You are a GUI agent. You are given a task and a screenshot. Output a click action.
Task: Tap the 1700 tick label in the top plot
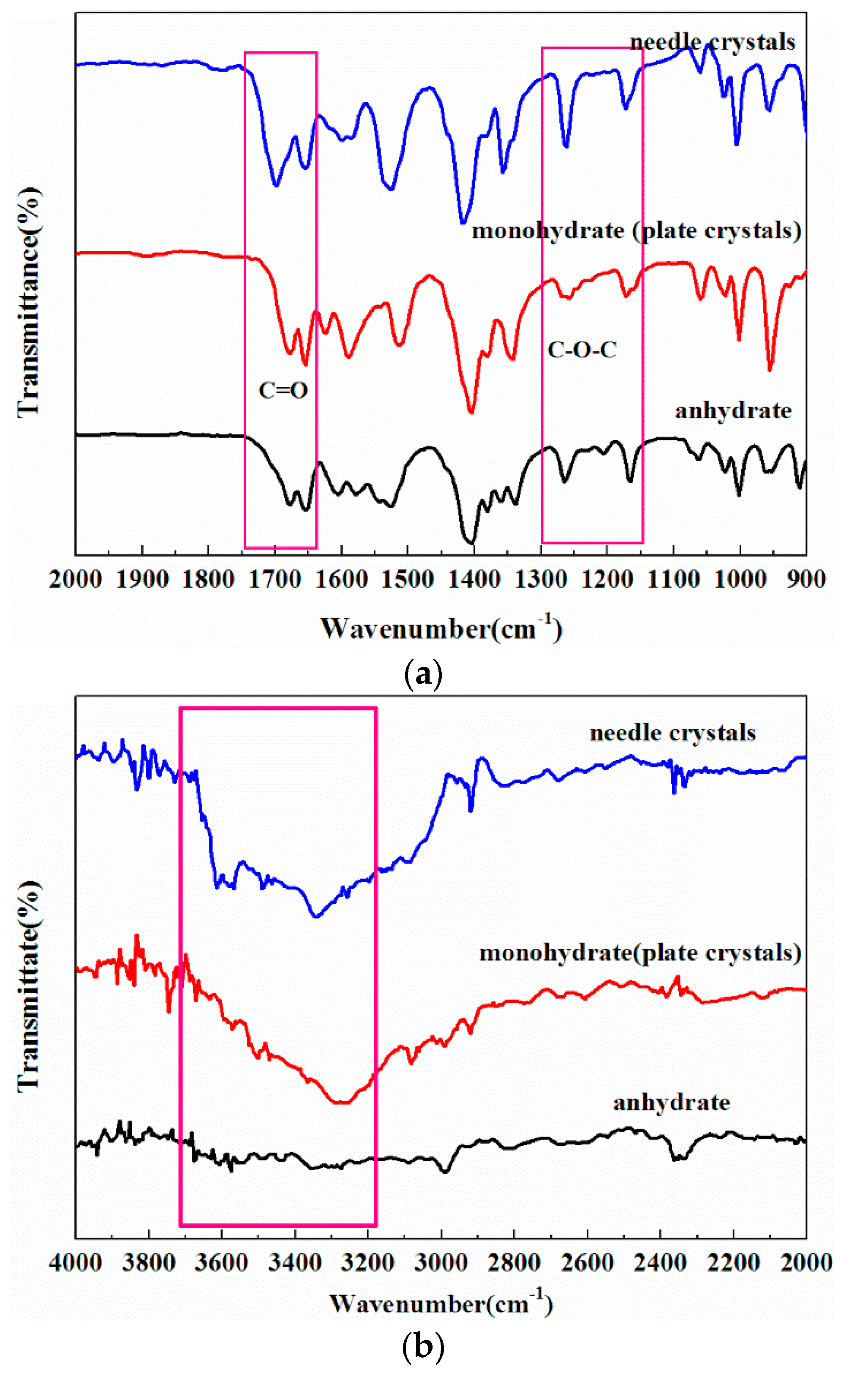[274, 580]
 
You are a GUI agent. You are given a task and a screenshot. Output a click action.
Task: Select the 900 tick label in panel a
[806, 580]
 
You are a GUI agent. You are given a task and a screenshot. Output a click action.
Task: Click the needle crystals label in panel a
[712, 42]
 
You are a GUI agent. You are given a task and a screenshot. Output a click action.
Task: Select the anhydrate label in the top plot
[733, 411]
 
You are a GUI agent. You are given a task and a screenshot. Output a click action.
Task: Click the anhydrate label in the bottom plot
[671, 1103]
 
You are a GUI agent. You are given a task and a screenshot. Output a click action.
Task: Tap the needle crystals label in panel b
[672, 733]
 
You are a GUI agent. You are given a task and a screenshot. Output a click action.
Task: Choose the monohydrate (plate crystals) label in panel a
[636, 231]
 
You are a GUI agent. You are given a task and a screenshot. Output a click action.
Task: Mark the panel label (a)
[423, 675]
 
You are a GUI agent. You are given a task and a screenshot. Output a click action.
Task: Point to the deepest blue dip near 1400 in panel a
[463, 222]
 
